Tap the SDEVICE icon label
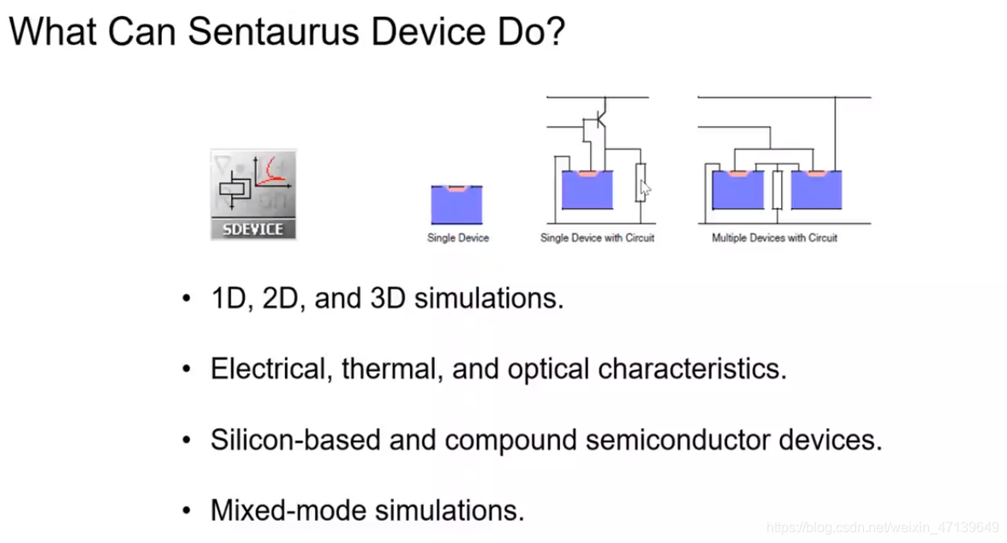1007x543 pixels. pyautogui.click(x=253, y=230)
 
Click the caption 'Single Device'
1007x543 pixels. pyautogui.click(x=457, y=237)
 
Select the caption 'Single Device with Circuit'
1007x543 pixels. pyautogui.click(x=597, y=237)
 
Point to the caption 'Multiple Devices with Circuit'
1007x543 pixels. pyautogui.click(x=774, y=237)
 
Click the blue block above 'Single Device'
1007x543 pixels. pyautogui.click(x=457, y=206)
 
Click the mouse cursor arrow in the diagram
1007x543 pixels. pyautogui.click(x=645, y=188)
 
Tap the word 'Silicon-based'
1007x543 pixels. pyautogui.click(x=295, y=440)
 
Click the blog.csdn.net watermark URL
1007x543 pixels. pyautogui.click(x=882, y=527)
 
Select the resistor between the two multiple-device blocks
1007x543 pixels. pyautogui.click(x=777, y=188)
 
